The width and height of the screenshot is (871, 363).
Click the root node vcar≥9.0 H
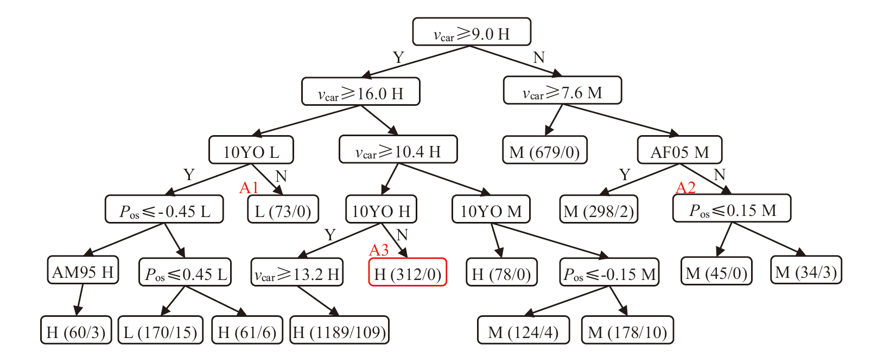pos(471,32)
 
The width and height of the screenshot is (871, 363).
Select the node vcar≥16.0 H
pos(360,92)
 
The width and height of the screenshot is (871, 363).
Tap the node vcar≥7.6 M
pos(562,91)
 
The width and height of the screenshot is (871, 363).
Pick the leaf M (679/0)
pos(544,150)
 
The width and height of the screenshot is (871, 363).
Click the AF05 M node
pos(679,150)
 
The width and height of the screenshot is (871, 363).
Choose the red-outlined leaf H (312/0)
pos(408,272)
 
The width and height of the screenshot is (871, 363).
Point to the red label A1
pos(249,188)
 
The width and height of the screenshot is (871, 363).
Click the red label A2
pos(685,188)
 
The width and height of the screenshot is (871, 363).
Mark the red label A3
pos(379,250)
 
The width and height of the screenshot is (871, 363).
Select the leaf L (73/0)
pos(283,209)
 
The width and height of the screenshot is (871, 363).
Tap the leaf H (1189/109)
pos(339,330)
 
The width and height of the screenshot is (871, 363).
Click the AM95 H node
pos(82,271)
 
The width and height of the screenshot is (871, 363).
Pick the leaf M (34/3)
pos(806,271)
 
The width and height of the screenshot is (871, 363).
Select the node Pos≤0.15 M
pos(732,209)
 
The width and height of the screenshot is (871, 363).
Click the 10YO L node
pos(251,150)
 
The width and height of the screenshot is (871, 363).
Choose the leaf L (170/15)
pos(160,330)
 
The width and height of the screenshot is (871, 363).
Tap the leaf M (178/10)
pos(627,330)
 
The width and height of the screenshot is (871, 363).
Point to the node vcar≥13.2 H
pos(297,273)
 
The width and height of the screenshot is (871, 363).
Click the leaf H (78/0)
pos(501,272)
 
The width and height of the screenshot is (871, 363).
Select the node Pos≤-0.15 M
pos(609,273)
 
